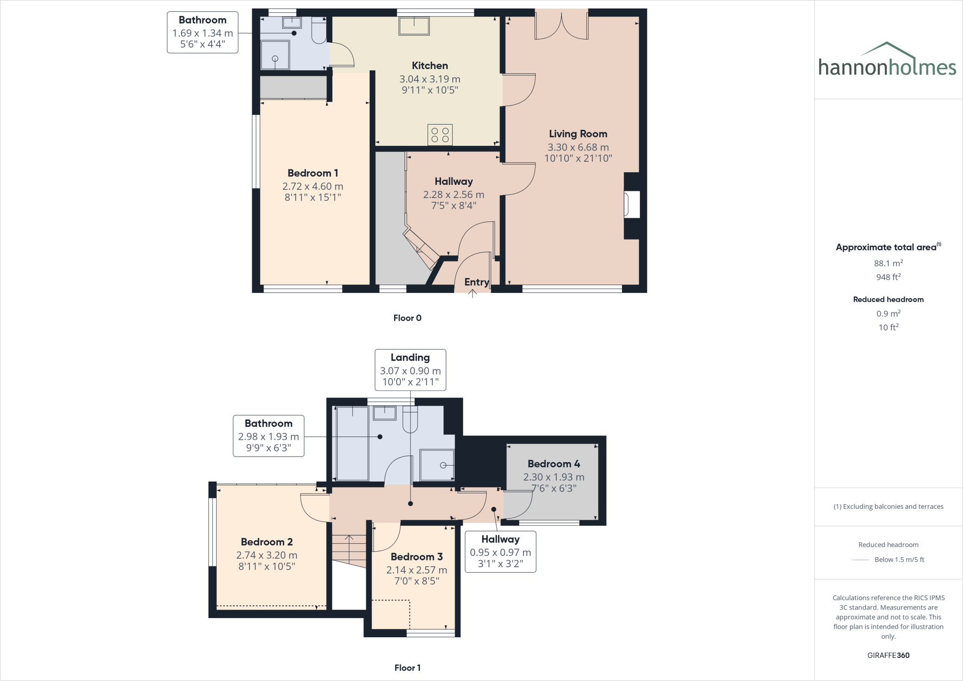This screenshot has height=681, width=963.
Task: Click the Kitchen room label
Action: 430,66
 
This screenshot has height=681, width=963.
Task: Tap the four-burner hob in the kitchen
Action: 440,135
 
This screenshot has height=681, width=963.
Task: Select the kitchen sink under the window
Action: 414,26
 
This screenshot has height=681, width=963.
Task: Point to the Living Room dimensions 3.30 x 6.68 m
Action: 578,147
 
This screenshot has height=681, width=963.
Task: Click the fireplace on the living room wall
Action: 631,205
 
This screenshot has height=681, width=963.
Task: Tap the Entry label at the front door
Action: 476,282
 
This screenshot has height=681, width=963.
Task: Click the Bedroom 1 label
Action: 313,173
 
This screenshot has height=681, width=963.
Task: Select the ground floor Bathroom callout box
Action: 203,32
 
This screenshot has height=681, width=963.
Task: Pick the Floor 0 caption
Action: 407,318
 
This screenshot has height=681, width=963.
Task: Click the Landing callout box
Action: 410,369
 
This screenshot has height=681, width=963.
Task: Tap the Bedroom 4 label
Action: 553,464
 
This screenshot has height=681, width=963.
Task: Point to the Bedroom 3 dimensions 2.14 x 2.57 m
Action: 417,570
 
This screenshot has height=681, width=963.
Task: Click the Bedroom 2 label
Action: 267,542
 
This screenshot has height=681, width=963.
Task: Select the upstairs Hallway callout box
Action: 500,551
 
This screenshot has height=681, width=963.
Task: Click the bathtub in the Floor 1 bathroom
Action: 353,443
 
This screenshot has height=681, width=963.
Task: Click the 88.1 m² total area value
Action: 888,263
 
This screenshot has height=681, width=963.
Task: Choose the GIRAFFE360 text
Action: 888,655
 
